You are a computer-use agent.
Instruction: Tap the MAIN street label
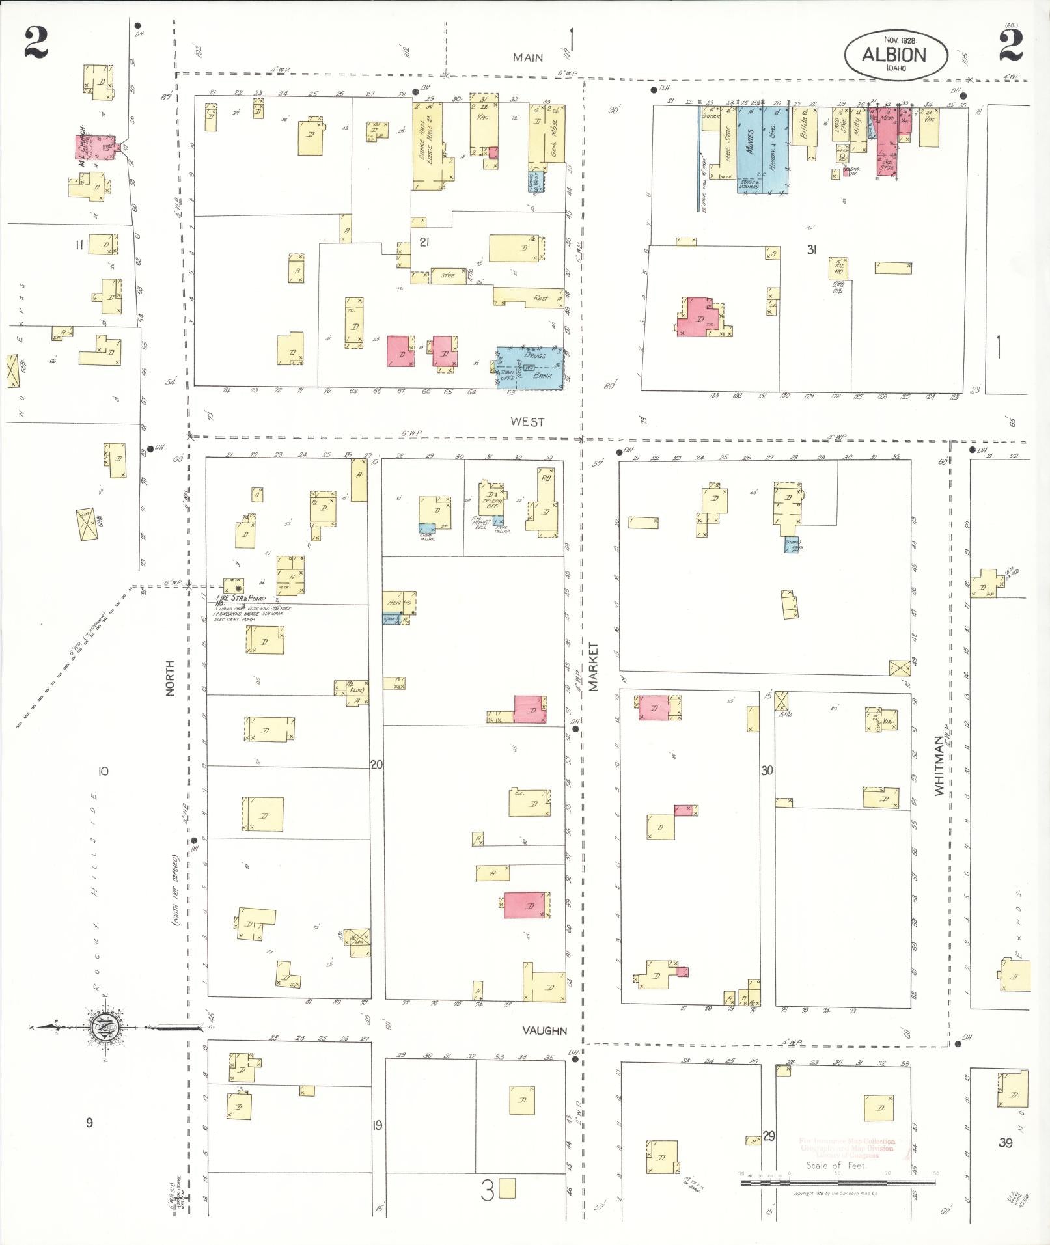pos(527,57)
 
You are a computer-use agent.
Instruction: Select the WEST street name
pos(527,422)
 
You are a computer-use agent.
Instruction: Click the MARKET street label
pos(593,666)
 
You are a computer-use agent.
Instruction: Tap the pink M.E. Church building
pos(94,149)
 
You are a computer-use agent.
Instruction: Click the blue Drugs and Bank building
pos(530,368)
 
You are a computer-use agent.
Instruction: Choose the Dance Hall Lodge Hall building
pos(427,142)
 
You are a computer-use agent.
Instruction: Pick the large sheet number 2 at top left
pos(36,44)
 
